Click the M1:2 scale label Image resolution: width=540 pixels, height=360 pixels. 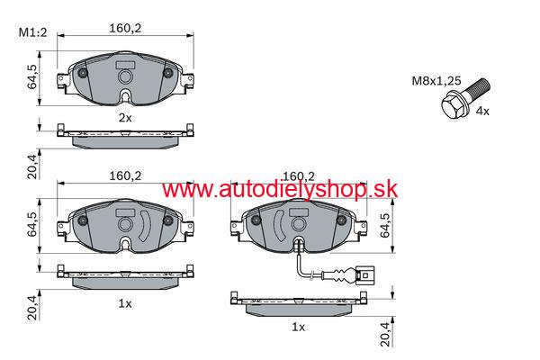click(x=32, y=32)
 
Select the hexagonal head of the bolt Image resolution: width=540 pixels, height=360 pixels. click(x=453, y=107)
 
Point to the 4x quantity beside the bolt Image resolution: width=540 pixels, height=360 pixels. click(x=482, y=112)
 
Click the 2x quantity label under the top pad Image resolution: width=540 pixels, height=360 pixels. click(x=125, y=118)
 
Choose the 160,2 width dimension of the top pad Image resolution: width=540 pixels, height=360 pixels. click(x=125, y=28)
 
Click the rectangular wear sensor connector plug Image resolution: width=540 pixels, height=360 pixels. click(x=365, y=275)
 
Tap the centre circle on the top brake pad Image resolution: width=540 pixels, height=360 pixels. click(x=125, y=76)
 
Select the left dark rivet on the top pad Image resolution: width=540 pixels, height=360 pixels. click(x=83, y=73)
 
